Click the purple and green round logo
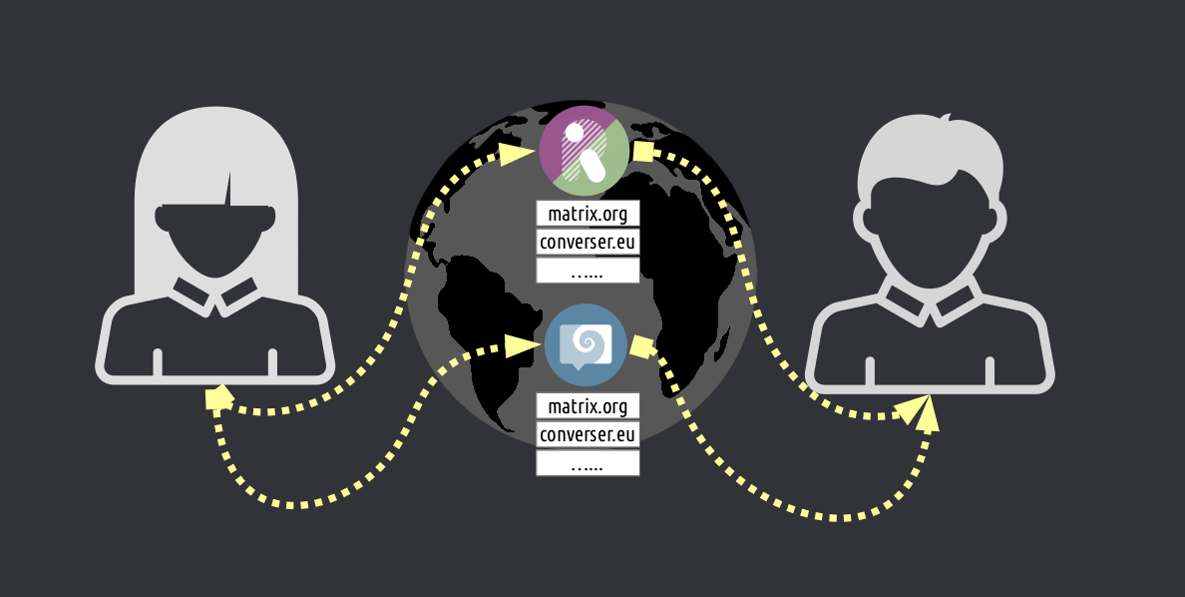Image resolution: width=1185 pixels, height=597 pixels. pos(584,150)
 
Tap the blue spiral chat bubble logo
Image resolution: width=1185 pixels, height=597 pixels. pos(585,344)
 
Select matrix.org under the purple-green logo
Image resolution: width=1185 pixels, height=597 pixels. pos(588,214)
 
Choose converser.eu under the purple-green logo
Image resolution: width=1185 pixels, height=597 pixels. pos(588,242)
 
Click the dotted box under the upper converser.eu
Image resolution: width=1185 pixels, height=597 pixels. pos(588,270)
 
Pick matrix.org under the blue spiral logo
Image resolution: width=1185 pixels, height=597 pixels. pos(588,406)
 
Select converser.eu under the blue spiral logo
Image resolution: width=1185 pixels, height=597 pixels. pos(588,434)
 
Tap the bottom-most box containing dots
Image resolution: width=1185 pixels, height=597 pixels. pos(588,462)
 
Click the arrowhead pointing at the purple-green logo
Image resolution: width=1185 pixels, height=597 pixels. pos(516,155)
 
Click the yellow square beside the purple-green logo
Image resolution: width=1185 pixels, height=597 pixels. pos(644,152)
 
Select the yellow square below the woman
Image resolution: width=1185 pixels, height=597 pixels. pos(218,399)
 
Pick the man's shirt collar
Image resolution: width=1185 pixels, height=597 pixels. pos(930,299)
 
